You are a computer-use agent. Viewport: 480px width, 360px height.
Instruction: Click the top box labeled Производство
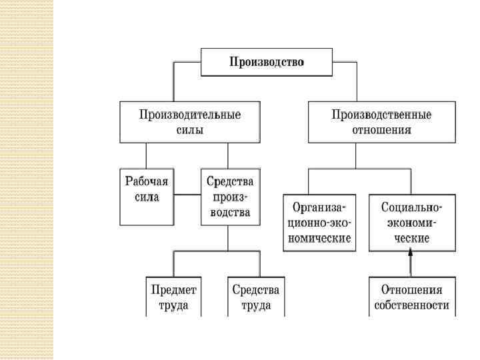(x=267, y=63)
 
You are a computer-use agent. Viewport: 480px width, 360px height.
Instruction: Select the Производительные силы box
(x=190, y=122)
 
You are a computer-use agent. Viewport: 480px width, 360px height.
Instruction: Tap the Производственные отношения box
(x=381, y=122)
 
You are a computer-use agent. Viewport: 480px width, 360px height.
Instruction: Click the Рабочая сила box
(x=147, y=197)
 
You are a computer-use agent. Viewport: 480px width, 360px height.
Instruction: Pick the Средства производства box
(x=228, y=197)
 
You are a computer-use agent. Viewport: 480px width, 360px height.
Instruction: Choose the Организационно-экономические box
(x=318, y=222)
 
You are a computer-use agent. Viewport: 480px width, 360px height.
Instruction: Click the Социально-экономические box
(x=410, y=222)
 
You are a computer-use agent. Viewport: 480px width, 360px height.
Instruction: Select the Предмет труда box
(x=174, y=297)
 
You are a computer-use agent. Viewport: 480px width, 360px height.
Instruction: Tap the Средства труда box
(x=255, y=297)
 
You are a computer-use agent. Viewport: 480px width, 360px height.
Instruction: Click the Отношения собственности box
(x=411, y=297)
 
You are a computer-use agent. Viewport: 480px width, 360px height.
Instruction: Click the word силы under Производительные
(x=190, y=130)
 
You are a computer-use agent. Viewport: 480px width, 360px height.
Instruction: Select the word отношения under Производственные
(x=381, y=130)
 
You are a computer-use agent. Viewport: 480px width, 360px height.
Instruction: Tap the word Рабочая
(x=147, y=181)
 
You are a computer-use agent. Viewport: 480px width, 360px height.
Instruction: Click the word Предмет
(x=174, y=290)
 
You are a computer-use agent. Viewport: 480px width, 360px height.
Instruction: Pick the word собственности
(x=411, y=306)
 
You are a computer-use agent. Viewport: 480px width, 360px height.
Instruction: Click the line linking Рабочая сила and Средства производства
(x=187, y=195)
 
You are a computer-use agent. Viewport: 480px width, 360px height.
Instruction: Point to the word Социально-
(x=410, y=207)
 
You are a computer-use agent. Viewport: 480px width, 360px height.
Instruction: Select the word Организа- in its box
(x=318, y=207)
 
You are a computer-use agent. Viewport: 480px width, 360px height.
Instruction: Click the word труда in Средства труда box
(x=255, y=306)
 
